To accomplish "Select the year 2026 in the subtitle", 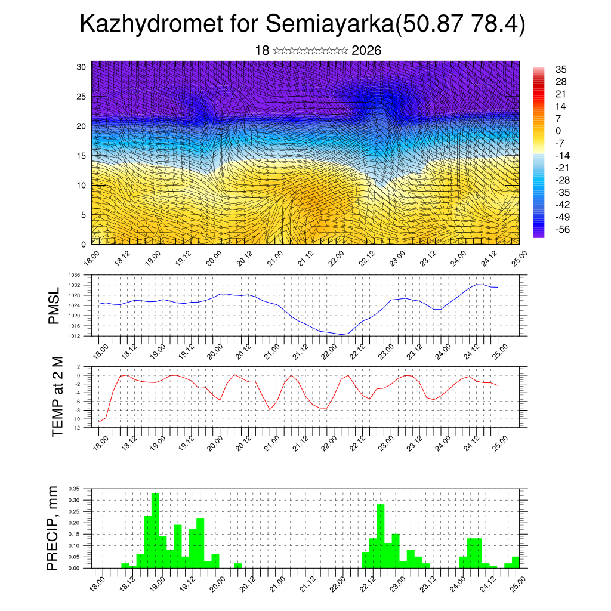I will tap(366, 51).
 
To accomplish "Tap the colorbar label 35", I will tap(561, 69).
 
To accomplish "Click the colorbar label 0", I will tap(558, 131).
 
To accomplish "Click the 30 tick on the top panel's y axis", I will tap(82, 67).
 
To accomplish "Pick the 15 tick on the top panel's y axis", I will tap(82, 156).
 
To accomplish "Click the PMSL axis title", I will tap(54, 306).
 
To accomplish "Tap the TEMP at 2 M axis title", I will tap(57, 397).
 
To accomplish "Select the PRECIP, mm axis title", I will tap(53, 528).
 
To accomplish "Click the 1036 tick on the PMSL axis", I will tap(74, 275).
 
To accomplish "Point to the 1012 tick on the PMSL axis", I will tap(74, 336).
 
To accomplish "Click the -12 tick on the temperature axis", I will tap(77, 427).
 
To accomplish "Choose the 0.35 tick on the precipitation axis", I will tap(73, 488).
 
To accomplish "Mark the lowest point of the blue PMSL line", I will tap(341, 334).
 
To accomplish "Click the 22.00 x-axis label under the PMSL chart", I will tap(329, 349).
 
